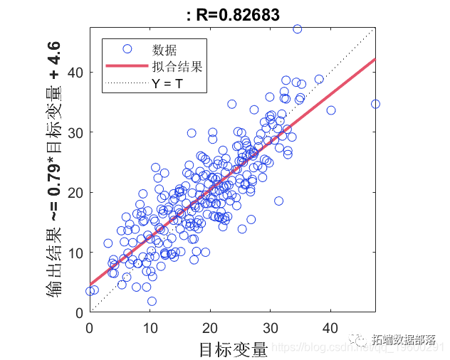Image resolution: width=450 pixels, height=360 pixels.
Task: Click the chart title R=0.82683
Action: tap(232, 14)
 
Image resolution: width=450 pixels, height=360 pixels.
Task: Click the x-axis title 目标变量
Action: tap(233, 349)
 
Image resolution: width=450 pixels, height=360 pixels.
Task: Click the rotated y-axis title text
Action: tap(53, 170)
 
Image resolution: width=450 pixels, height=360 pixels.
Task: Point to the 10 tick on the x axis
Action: tap(150, 328)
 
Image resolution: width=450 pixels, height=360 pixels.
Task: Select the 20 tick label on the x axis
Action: tap(210, 328)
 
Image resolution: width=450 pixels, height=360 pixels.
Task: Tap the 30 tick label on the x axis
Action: tap(270, 328)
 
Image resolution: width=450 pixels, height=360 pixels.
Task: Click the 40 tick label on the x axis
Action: tap(330, 328)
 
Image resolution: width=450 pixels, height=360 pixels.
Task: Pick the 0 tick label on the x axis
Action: tap(90, 328)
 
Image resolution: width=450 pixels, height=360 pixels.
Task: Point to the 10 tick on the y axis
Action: tap(76, 253)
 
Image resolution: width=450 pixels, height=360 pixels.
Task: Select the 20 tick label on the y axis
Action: tap(76, 193)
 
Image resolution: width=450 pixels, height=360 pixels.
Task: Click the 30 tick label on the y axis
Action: tap(76, 132)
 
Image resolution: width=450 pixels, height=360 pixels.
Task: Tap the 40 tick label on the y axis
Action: tap(76, 73)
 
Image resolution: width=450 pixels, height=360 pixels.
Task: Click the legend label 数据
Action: tap(164, 49)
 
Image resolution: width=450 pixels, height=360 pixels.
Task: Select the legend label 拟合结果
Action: tap(177, 67)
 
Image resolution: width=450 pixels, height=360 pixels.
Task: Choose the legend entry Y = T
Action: tap(168, 83)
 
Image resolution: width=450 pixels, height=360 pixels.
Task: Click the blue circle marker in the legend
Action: tap(127, 49)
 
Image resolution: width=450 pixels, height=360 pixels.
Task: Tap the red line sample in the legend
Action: tap(127, 67)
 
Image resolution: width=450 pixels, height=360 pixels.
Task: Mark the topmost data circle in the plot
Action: tap(297, 29)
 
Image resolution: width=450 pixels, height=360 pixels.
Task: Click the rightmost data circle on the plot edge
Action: tap(375, 104)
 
